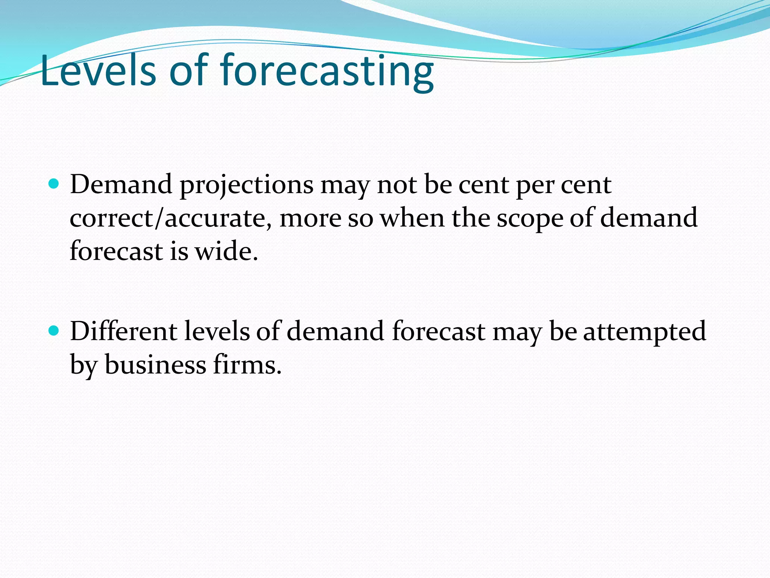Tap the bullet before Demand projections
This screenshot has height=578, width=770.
54,184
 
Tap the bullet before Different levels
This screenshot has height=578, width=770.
54,331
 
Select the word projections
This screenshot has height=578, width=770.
247,186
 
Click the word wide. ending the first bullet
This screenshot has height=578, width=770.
226,251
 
